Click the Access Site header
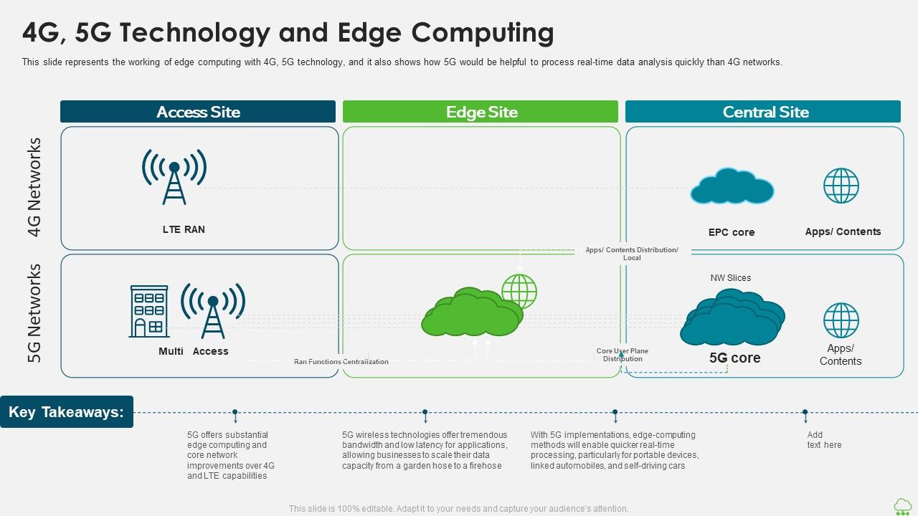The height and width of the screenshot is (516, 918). [x=198, y=112]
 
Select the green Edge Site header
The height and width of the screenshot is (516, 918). [x=481, y=112]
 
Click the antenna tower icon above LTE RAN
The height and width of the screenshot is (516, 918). [x=174, y=176]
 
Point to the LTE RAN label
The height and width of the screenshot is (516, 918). [x=184, y=229]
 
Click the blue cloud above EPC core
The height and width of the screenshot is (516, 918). [x=732, y=188]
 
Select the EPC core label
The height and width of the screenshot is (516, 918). [x=732, y=232]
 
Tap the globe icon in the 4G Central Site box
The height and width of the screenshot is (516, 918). [x=841, y=186]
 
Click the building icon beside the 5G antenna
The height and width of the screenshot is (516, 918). [x=149, y=311]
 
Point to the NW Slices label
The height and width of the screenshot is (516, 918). [x=731, y=278]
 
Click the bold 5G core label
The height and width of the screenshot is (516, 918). [x=734, y=358]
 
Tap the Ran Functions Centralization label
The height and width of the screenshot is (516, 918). [x=341, y=362]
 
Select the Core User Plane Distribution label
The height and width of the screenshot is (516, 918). [x=622, y=355]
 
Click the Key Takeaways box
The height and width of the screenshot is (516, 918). [x=67, y=412]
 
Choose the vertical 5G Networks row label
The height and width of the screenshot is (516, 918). [x=35, y=313]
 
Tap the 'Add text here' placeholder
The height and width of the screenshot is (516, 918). [x=824, y=440]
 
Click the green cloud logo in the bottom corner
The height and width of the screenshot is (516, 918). [x=902, y=506]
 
